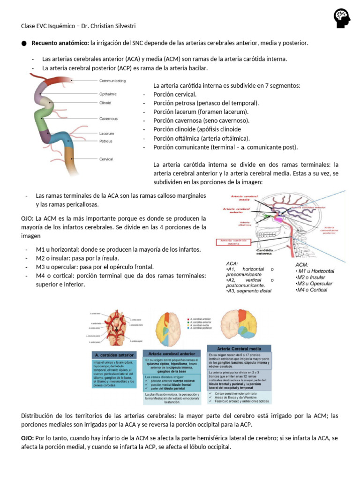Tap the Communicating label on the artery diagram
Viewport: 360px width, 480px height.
112,81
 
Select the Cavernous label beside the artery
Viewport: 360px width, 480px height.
108,119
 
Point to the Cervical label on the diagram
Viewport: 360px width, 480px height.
106,159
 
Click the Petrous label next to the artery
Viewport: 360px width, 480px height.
105,141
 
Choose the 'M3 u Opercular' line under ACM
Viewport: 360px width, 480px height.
314,284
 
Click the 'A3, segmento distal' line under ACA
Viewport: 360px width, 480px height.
248,291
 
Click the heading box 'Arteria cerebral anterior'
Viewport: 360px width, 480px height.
172,353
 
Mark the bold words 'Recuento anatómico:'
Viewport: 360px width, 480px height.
60,43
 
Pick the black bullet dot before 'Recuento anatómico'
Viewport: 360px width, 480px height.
24,44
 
